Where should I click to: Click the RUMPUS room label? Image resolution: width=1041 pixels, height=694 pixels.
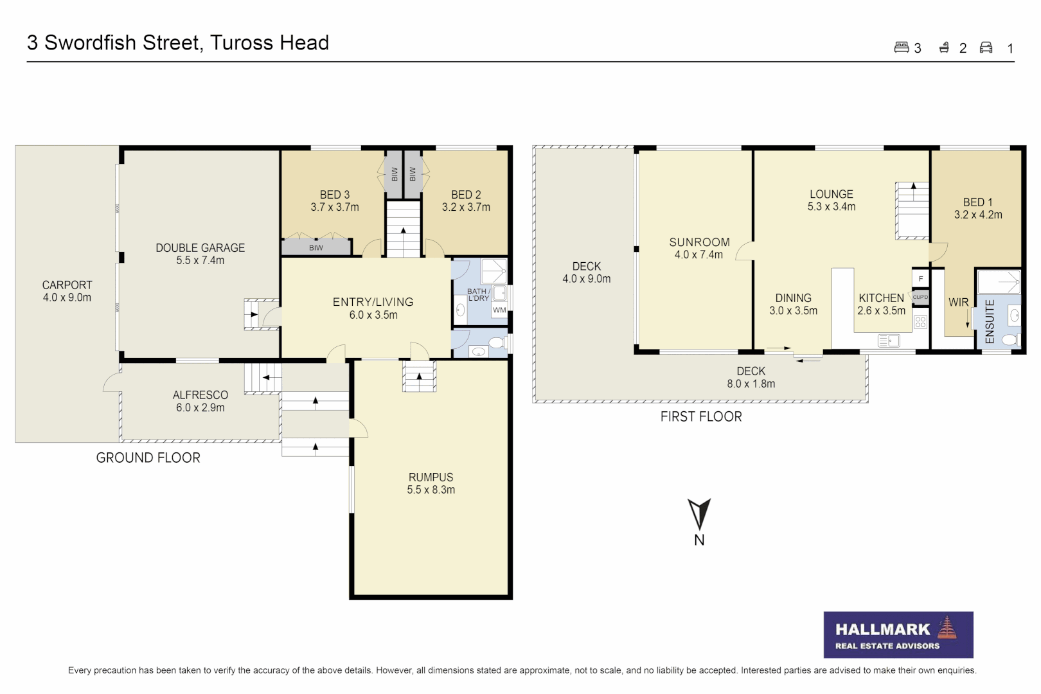coord(431,477)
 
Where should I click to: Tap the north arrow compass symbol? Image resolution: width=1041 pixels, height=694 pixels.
coord(699,515)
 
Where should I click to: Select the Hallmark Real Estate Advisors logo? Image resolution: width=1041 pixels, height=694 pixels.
coord(898,635)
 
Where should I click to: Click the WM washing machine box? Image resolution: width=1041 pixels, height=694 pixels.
coord(499,310)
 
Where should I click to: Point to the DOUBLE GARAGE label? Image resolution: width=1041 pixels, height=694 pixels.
coord(200,248)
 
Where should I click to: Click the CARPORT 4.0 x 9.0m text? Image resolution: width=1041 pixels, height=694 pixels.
coord(67,291)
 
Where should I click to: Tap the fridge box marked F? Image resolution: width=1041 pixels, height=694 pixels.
coord(920,279)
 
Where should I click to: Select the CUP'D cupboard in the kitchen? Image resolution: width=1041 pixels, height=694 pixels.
coord(920,298)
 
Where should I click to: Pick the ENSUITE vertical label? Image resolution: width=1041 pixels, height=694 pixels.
coord(990,321)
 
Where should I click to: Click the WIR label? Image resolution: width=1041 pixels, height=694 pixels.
coord(958,302)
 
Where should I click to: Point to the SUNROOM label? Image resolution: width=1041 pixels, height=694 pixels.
coord(699,242)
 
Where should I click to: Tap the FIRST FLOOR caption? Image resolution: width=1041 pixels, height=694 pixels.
coord(701,416)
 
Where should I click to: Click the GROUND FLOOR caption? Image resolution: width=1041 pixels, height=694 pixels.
coord(148,458)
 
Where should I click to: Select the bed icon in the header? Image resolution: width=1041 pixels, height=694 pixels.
coord(901,48)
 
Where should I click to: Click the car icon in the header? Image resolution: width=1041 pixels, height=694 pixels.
coord(986,48)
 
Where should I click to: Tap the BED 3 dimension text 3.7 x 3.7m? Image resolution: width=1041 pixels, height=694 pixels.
coord(335,207)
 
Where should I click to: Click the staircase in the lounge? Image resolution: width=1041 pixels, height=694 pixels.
coord(913,211)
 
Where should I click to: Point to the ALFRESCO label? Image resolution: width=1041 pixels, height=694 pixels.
coord(200,395)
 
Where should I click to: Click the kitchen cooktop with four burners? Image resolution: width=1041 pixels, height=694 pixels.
coord(920,322)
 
